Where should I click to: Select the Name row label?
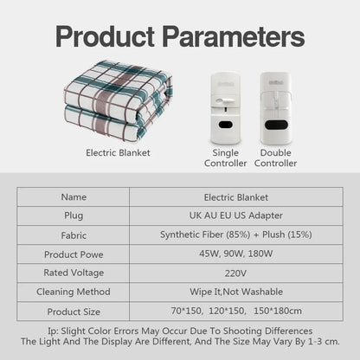74,196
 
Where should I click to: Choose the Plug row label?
74,215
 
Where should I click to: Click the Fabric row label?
74,235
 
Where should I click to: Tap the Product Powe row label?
74,254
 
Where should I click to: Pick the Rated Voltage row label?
74,273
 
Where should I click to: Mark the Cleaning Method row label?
74,292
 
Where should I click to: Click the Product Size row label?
74,311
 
